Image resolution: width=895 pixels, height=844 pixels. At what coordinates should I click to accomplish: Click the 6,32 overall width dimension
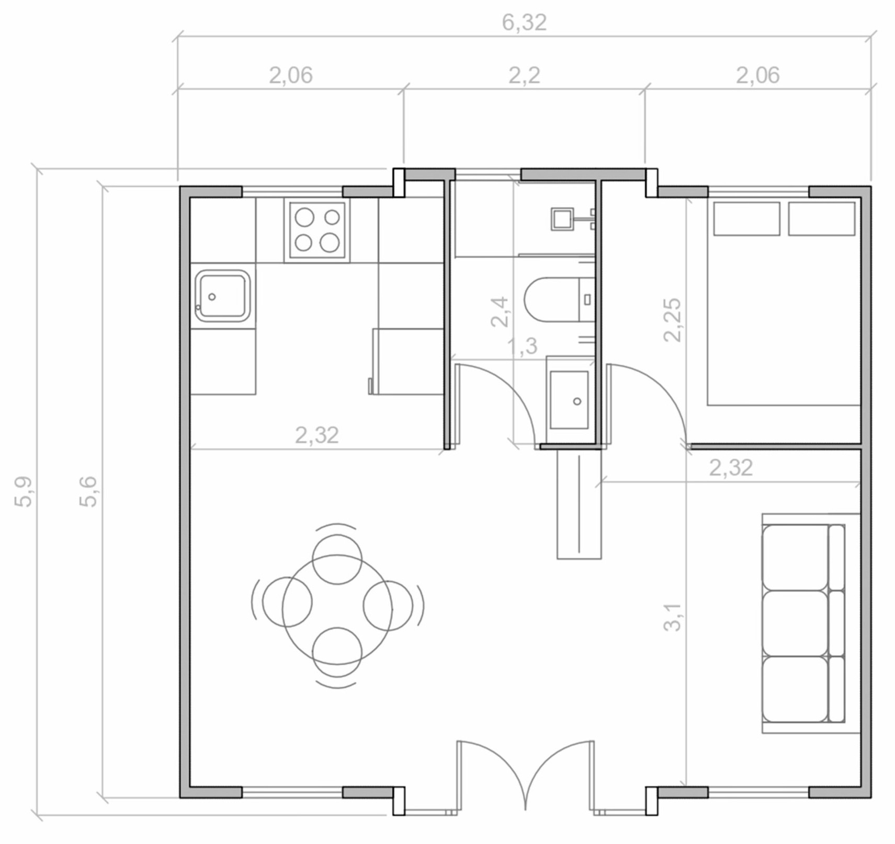tap(524, 22)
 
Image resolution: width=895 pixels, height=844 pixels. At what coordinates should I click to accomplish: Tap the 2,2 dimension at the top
tap(524, 76)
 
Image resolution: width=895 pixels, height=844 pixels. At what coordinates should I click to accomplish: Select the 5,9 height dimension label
tap(24, 492)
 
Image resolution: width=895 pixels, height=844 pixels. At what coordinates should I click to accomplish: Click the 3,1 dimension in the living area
tap(673, 617)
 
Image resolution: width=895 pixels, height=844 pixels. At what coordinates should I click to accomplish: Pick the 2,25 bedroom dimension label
tap(672, 320)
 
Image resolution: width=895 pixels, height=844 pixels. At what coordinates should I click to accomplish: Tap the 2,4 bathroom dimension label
tap(500, 312)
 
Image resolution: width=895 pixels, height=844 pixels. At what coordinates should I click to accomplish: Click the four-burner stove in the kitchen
tap(317, 230)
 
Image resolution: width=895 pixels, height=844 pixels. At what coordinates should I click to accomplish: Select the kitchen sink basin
tap(222, 296)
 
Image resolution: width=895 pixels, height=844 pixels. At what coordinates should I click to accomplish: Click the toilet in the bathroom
tap(559, 299)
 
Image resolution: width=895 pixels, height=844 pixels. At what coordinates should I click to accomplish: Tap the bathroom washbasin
tap(570, 400)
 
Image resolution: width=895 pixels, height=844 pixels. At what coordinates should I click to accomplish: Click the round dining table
tap(337, 609)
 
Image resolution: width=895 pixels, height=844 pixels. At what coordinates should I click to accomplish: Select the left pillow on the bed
tap(746, 218)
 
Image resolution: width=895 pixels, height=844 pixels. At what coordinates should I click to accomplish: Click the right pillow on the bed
tap(821, 218)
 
